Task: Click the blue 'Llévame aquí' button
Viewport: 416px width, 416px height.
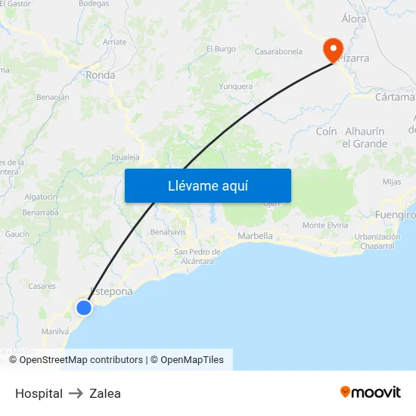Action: pyautogui.click(x=207, y=185)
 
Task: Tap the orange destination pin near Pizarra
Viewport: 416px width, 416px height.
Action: pyautogui.click(x=332, y=50)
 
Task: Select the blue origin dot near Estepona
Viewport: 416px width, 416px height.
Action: pyautogui.click(x=84, y=307)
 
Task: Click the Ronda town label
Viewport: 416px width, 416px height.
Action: pyautogui.click(x=101, y=75)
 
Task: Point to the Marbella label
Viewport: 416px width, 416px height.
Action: pyautogui.click(x=255, y=236)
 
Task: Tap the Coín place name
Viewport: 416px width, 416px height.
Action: pyautogui.click(x=326, y=132)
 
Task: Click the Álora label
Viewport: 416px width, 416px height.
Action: pyautogui.click(x=354, y=18)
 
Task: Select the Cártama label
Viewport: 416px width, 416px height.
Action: pyautogui.click(x=395, y=97)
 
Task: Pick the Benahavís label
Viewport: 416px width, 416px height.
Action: pyautogui.click(x=168, y=231)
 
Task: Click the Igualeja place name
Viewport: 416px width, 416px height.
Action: pyautogui.click(x=126, y=157)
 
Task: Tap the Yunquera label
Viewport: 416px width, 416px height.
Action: pyautogui.click(x=235, y=87)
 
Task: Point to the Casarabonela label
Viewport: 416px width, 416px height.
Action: pyautogui.click(x=278, y=52)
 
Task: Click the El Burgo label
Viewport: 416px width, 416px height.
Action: pyautogui.click(x=221, y=49)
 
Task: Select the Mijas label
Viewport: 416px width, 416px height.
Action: pyautogui.click(x=392, y=182)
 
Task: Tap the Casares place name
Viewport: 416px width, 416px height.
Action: pyautogui.click(x=42, y=286)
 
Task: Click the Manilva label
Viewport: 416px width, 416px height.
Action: pyautogui.click(x=55, y=331)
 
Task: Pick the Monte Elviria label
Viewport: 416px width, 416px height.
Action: pyautogui.click(x=325, y=225)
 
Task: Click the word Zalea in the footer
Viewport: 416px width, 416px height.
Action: pyautogui.click(x=105, y=393)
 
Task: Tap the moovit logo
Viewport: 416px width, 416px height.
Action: pyautogui.click(x=371, y=393)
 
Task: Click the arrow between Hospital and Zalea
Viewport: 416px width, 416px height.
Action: pyautogui.click(x=76, y=393)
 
